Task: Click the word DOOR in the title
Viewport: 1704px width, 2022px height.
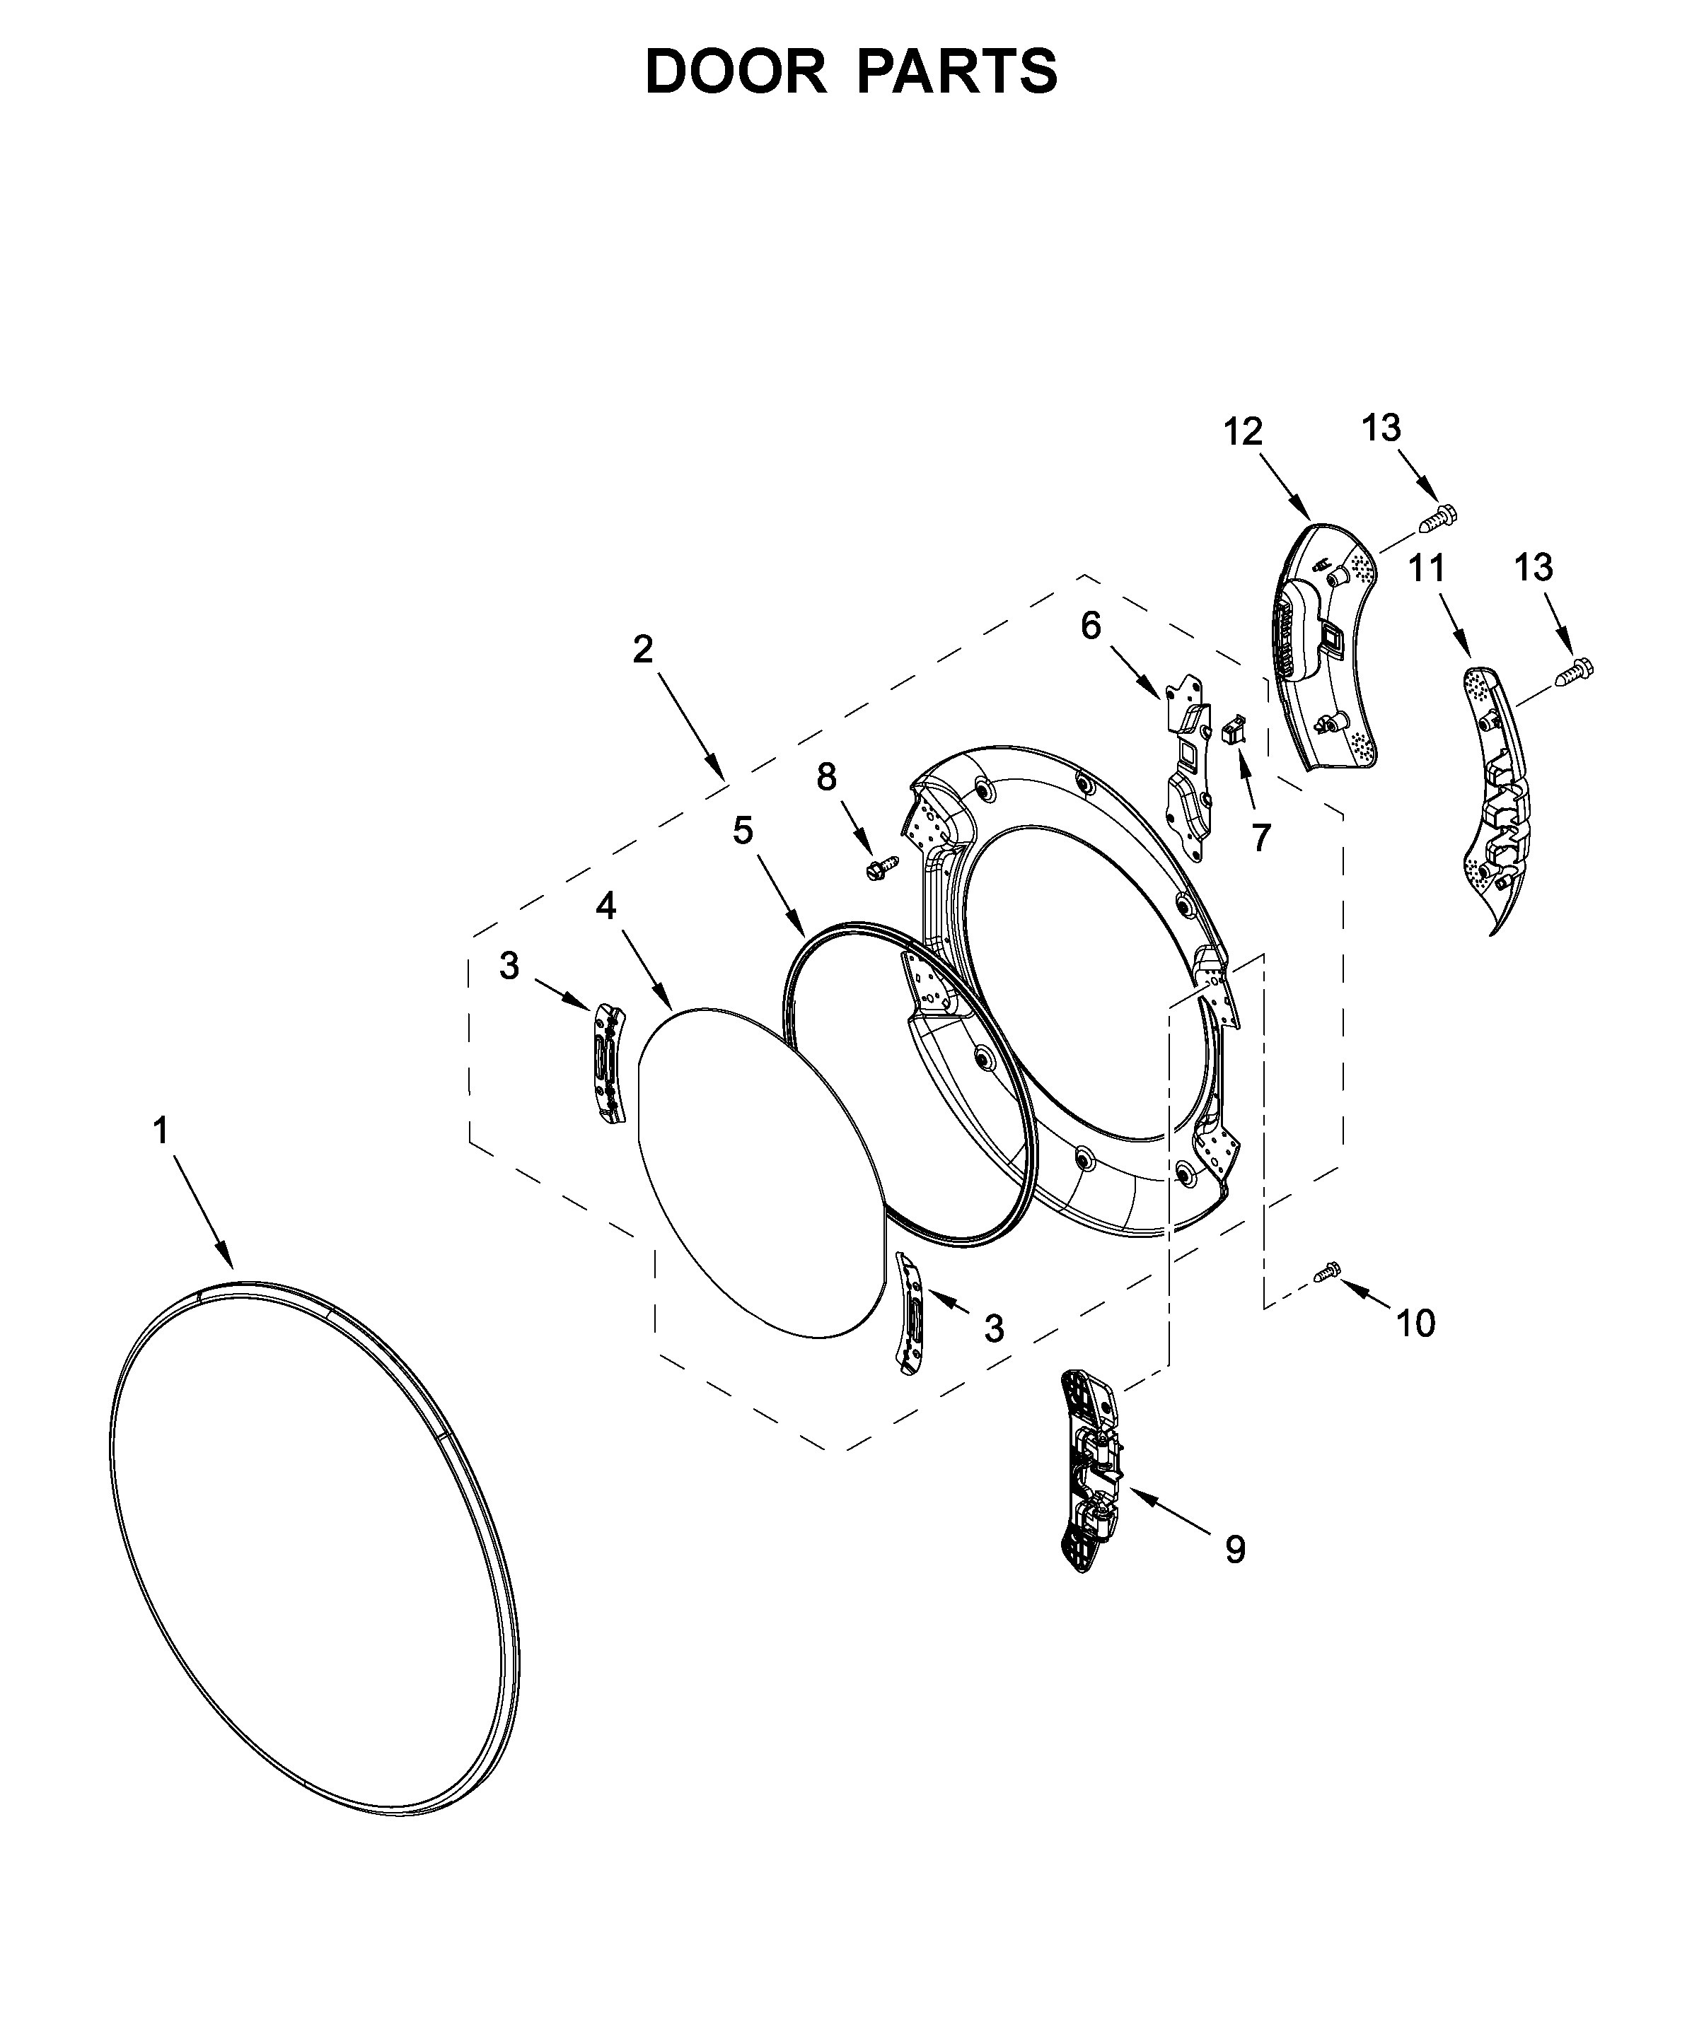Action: [735, 72]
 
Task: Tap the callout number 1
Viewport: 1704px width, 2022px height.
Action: [161, 1130]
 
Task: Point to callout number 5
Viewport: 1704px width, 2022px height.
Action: [742, 831]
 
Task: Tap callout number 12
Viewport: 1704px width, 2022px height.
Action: [1244, 432]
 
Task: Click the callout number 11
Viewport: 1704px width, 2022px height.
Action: [1427, 568]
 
